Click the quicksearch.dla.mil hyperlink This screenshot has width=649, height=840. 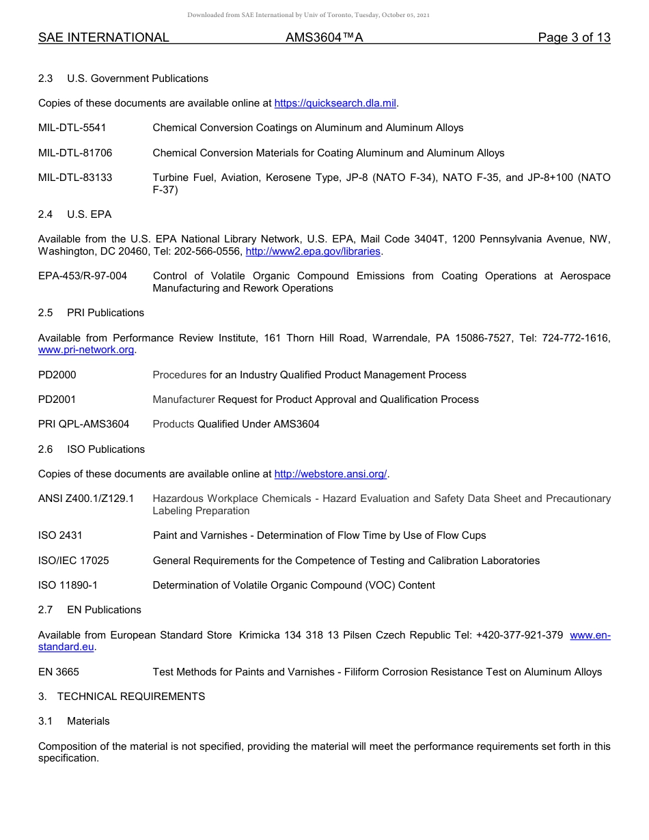335,103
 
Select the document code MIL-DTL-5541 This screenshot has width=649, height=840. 72,128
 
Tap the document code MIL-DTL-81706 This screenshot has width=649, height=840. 75,153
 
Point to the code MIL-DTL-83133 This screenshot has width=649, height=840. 75,178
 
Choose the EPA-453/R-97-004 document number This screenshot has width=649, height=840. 82,276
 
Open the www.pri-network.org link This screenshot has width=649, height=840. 86,350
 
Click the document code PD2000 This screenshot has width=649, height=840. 57,375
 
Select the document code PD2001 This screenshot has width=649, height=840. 57,400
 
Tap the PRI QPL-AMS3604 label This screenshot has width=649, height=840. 83,424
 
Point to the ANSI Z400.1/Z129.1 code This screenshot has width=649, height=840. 86,499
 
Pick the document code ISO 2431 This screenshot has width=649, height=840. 60,535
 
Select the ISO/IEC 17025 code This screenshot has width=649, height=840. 73,561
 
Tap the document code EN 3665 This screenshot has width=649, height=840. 58,672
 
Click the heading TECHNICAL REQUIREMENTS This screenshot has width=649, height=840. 130,697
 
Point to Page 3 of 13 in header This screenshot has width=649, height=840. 574,38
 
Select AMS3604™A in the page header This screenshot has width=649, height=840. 324,38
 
